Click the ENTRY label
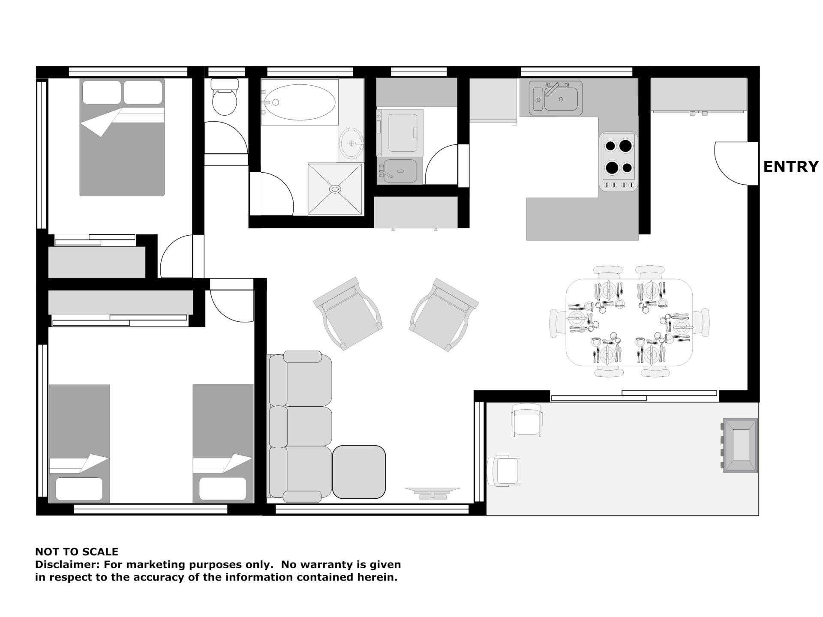pos(791,167)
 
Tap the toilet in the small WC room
pos(225,97)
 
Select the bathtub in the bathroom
pos(299,102)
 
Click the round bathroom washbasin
pos(352,143)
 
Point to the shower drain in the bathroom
pos(335,188)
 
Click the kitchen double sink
pos(556,98)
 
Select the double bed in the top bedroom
pos(122,137)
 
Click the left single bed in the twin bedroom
pos(79,443)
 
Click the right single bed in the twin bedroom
pos(223,443)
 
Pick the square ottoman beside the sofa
pos(359,472)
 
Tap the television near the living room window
pos(432,492)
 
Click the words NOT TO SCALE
pos(77,551)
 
